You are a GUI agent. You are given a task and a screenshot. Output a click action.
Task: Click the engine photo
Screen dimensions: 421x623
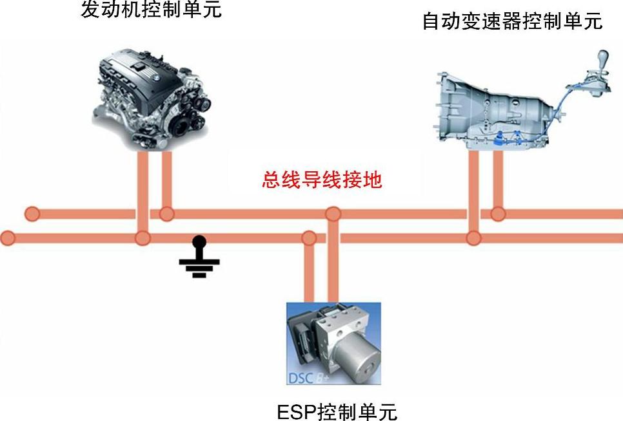tap(152, 100)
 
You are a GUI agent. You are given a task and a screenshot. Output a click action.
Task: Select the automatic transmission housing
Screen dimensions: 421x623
tap(490, 109)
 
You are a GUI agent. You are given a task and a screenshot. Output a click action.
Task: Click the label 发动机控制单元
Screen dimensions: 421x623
tap(151, 10)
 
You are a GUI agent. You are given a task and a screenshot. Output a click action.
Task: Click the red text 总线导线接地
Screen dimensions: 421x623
tap(322, 180)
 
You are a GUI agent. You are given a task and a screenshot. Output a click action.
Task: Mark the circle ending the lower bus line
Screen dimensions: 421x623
tap(7, 238)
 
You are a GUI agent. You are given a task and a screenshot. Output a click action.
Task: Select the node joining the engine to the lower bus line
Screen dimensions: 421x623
tap(143, 238)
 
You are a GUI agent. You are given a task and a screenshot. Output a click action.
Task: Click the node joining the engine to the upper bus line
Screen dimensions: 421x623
tap(166, 214)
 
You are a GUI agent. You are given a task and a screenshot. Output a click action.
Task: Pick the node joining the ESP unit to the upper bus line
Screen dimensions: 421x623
tap(333, 214)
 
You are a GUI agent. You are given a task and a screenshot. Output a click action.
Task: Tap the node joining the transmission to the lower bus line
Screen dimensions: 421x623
tap(473, 238)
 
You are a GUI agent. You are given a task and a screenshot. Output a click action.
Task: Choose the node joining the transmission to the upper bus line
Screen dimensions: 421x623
tap(497, 214)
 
